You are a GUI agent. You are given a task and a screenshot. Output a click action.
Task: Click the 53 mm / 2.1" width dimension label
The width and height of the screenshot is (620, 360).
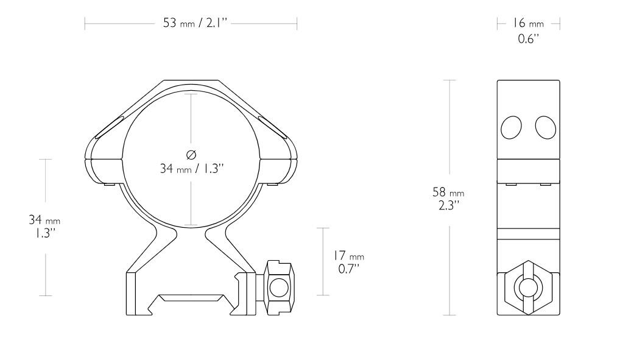click(x=190, y=24)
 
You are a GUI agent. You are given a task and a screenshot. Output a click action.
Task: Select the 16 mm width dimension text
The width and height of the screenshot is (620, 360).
click(x=527, y=24)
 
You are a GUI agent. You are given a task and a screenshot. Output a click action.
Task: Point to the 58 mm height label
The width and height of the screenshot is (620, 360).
click(x=448, y=192)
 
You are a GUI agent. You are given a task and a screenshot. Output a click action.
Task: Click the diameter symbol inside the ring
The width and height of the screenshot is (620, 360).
click(x=192, y=153)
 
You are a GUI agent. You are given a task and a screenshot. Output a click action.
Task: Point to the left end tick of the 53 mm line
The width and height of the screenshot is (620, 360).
click(x=85, y=24)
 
